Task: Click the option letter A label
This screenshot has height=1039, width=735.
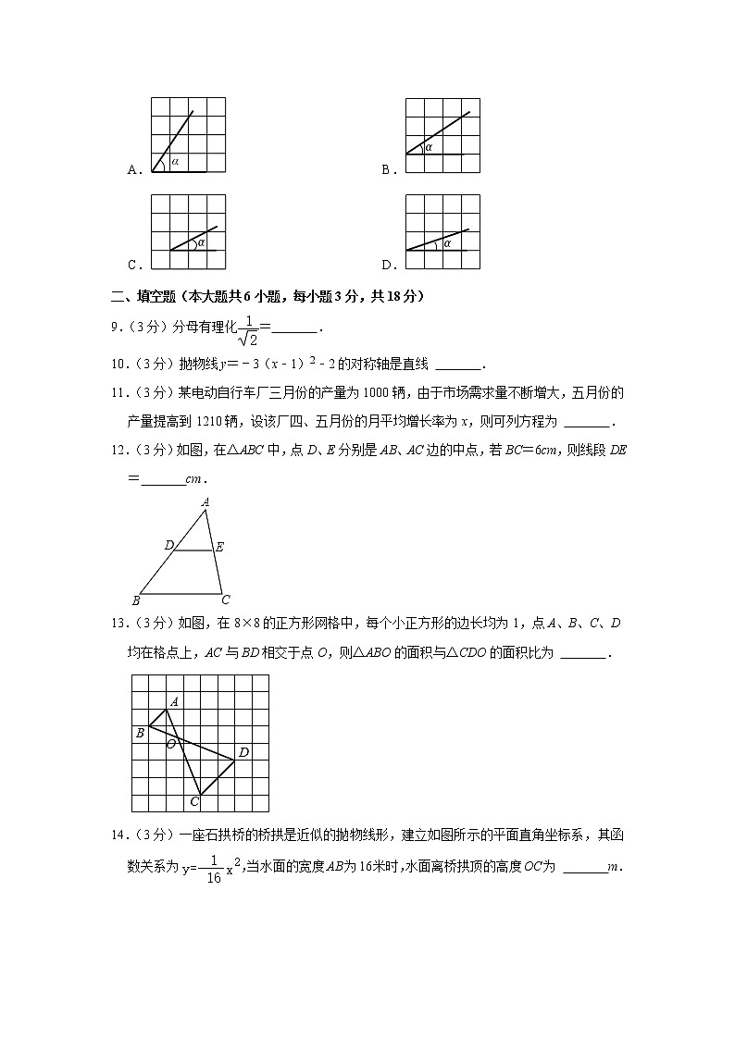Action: pyautogui.click(x=132, y=169)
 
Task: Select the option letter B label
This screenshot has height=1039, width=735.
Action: pyautogui.click(x=386, y=169)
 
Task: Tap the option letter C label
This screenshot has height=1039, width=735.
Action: pyautogui.click(x=132, y=265)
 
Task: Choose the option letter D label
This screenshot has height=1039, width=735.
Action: pyautogui.click(x=386, y=265)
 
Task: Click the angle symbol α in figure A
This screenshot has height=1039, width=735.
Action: pyautogui.click(x=174, y=162)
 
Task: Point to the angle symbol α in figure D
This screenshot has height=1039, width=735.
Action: pyautogui.click(x=447, y=243)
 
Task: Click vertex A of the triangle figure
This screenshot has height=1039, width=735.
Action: pyautogui.click(x=205, y=502)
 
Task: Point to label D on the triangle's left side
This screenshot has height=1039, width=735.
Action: pyautogui.click(x=169, y=546)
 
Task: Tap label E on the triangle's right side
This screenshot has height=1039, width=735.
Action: pyautogui.click(x=219, y=547)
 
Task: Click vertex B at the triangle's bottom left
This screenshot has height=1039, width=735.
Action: pyautogui.click(x=135, y=600)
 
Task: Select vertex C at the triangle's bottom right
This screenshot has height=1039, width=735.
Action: pyautogui.click(x=225, y=600)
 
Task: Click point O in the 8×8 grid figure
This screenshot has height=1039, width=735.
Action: pyautogui.click(x=170, y=743)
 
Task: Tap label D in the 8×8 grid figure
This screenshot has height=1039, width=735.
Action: pyautogui.click(x=243, y=752)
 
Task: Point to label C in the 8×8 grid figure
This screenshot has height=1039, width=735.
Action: pyautogui.click(x=194, y=801)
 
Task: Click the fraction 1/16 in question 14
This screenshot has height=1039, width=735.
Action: pyautogui.click(x=213, y=871)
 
